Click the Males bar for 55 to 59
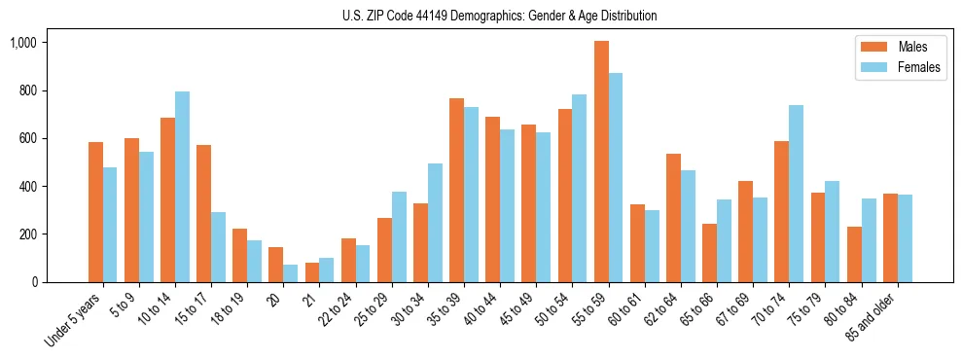click(601, 162)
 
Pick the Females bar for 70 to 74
click(796, 194)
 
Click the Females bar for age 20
click(290, 273)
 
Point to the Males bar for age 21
click(312, 272)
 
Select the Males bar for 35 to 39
click(456, 190)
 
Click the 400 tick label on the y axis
click(27, 187)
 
